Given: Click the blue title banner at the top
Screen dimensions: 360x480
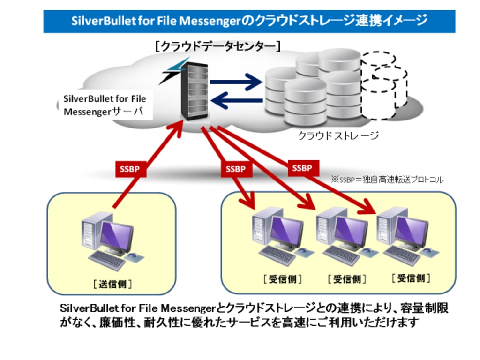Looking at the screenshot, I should [249, 21].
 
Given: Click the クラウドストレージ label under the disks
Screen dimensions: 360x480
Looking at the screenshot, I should [338, 136].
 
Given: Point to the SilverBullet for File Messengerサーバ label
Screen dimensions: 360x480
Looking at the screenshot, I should [105, 105].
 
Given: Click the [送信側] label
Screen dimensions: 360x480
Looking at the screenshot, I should [112, 284].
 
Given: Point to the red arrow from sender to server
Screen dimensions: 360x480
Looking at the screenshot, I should [148, 164].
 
